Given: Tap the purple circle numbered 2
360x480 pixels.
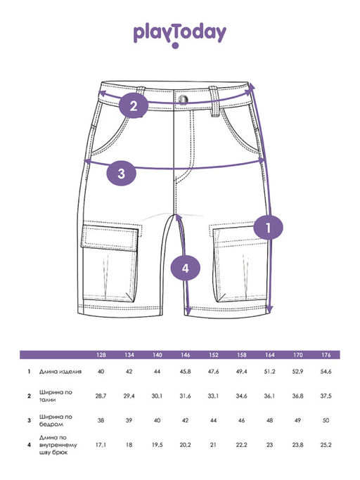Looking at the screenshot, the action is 134,107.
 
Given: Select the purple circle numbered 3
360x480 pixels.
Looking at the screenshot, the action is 122,174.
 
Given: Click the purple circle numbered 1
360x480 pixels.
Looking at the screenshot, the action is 268,228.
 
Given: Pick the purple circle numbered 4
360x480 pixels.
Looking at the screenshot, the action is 186,268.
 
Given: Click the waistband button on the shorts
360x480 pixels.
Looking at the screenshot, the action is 184,99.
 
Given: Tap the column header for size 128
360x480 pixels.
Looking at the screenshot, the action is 101,355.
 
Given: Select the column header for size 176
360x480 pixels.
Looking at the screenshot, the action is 326,355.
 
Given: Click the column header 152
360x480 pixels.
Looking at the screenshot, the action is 214,355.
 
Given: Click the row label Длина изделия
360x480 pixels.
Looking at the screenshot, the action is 60,372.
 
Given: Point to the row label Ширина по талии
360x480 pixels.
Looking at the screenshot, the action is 56,396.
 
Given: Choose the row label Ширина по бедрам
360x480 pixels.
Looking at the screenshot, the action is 56,420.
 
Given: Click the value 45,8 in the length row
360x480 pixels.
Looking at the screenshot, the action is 186,372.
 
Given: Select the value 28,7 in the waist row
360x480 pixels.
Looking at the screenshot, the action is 101,396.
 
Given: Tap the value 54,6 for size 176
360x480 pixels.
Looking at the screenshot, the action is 326,372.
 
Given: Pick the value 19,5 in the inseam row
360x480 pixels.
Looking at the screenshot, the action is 157,445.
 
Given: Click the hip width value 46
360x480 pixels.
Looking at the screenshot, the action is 241,420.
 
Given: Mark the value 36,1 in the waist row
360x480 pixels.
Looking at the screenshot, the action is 269,396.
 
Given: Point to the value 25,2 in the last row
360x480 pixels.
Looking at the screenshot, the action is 326,445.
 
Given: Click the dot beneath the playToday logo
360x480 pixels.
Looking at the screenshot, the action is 175,46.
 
